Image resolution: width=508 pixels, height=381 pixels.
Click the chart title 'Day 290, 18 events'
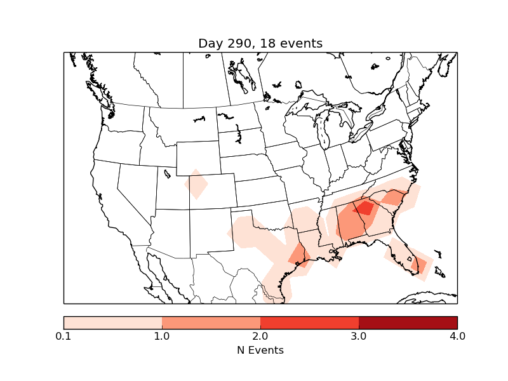coord(260,43)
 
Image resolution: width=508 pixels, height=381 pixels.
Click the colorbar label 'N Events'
coord(260,350)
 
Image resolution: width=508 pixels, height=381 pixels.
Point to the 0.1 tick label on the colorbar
coord(63,336)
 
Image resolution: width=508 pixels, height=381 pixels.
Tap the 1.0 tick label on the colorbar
coord(162,336)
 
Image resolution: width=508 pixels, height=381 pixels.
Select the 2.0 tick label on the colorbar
coord(260,336)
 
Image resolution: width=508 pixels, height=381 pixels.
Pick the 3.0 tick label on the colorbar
coord(359,336)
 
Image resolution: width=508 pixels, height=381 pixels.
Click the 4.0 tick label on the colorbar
coord(457,336)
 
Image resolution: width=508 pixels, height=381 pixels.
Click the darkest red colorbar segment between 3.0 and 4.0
coord(408,322)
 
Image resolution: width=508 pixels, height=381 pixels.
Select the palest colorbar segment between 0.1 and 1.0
coord(113,322)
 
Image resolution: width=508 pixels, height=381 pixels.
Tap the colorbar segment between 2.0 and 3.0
coord(309,322)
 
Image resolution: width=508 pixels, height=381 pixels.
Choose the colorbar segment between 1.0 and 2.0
coord(211,322)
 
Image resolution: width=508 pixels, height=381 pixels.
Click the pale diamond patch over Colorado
coord(196,184)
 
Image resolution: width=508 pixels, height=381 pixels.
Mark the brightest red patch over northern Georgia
coord(364,208)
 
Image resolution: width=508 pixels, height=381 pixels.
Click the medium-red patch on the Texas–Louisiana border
coord(298,255)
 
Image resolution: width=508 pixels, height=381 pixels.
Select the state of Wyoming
coord(197,156)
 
